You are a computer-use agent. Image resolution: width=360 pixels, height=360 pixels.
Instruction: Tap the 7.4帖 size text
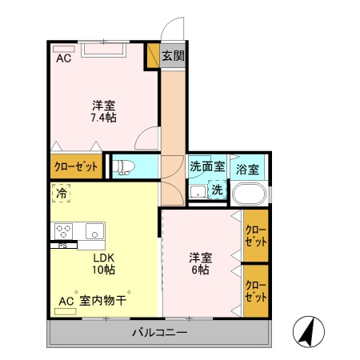102,118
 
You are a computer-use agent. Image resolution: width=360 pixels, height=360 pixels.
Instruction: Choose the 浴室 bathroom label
248,170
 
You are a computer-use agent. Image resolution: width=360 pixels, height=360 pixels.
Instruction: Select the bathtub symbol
249,194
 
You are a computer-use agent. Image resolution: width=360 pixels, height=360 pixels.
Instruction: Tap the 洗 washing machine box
218,190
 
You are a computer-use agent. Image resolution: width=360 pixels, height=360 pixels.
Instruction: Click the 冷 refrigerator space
62,193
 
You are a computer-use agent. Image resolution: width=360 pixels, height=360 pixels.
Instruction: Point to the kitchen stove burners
63,231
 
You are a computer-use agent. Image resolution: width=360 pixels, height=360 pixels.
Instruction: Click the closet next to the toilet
76,167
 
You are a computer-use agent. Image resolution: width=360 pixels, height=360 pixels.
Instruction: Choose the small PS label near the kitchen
62,245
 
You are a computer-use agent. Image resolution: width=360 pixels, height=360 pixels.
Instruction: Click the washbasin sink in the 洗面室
197,192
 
